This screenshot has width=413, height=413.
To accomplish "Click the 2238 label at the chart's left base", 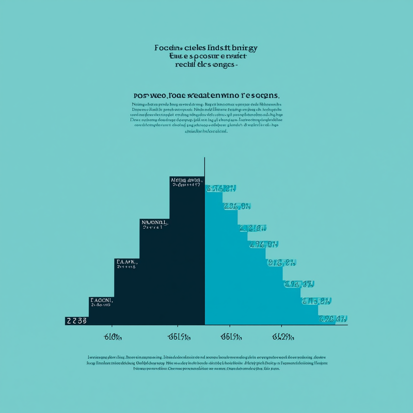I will click(x=76, y=321).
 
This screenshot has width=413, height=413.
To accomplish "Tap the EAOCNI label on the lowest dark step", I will click(x=101, y=300).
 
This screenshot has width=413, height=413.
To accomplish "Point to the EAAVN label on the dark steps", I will click(x=126, y=262).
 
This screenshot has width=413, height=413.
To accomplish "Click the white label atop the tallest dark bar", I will click(x=186, y=181).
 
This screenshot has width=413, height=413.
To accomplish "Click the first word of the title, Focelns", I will click(x=169, y=48).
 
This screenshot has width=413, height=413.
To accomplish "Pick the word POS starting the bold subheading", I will click(x=141, y=96).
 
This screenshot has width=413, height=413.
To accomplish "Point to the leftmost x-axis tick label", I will click(x=112, y=337).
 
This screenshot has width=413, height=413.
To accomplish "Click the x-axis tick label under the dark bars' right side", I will click(x=179, y=337).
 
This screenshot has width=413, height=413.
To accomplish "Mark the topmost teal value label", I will click(x=220, y=188).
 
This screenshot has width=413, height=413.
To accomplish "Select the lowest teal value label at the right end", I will click(x=332, y=319).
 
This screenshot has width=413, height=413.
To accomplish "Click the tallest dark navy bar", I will click(x=187, y=258).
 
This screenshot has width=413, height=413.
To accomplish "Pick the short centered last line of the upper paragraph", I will click(x=206, y=131).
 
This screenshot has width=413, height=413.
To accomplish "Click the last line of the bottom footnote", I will click(x=206, y=369).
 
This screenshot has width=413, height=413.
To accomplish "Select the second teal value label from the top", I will click(x=237, y=206).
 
